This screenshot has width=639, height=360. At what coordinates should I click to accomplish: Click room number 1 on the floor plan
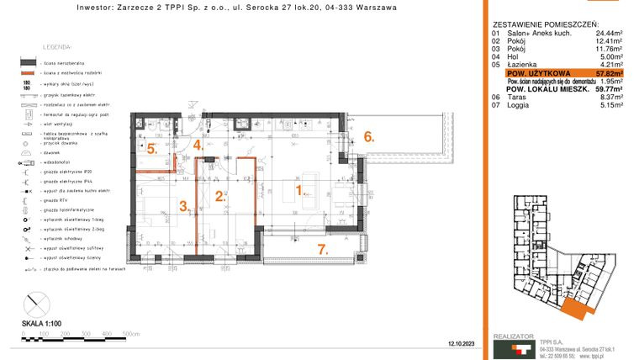point(300,190)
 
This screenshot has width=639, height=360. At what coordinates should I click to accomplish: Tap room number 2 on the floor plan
point(220,197)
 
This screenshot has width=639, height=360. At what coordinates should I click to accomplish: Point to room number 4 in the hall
point(198,145)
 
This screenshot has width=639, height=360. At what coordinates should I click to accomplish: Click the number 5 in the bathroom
point(151,149)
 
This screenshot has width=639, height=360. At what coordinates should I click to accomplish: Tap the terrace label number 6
point(367,135)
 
